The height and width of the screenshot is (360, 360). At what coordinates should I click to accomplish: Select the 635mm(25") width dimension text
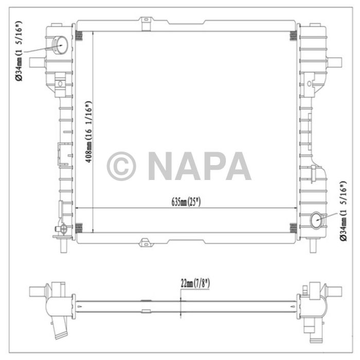click(186, 201)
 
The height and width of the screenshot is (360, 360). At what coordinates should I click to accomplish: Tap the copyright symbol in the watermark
click(121, 166)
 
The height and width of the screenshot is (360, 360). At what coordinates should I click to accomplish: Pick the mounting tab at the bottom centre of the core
click(146, 240)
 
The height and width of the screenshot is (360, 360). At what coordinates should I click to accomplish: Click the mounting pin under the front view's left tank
click(63, 245)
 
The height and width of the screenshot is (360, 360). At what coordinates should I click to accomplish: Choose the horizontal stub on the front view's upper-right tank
click(336, 62)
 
